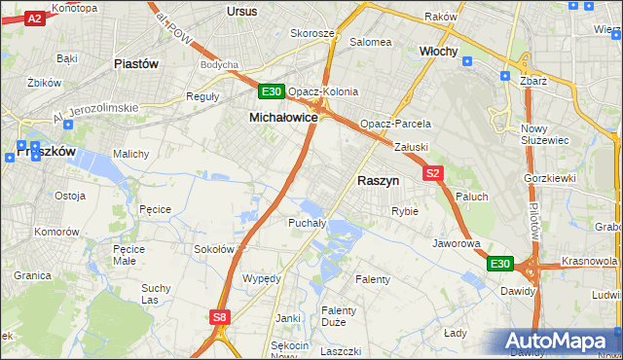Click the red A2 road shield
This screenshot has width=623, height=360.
coord(34,18)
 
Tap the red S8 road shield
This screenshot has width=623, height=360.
coord(219,316)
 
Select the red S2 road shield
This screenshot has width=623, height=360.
coord(434,173)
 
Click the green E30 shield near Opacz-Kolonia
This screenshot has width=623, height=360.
coord(272,92)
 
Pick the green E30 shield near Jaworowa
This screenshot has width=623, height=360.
coord(499,264)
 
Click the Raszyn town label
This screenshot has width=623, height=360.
coord(379,181)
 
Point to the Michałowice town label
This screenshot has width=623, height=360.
coord(283,117)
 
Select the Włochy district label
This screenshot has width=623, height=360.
coord(438,51)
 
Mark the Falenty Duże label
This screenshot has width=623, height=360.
coord(340,316)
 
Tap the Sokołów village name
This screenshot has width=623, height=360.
coord(215,249)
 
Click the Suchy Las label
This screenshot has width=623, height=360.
coord(156,293)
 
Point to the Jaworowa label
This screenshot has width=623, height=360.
coord(457,243)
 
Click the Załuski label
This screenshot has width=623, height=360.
coord(411,147)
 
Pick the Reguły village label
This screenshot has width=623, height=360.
coord(202,97)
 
